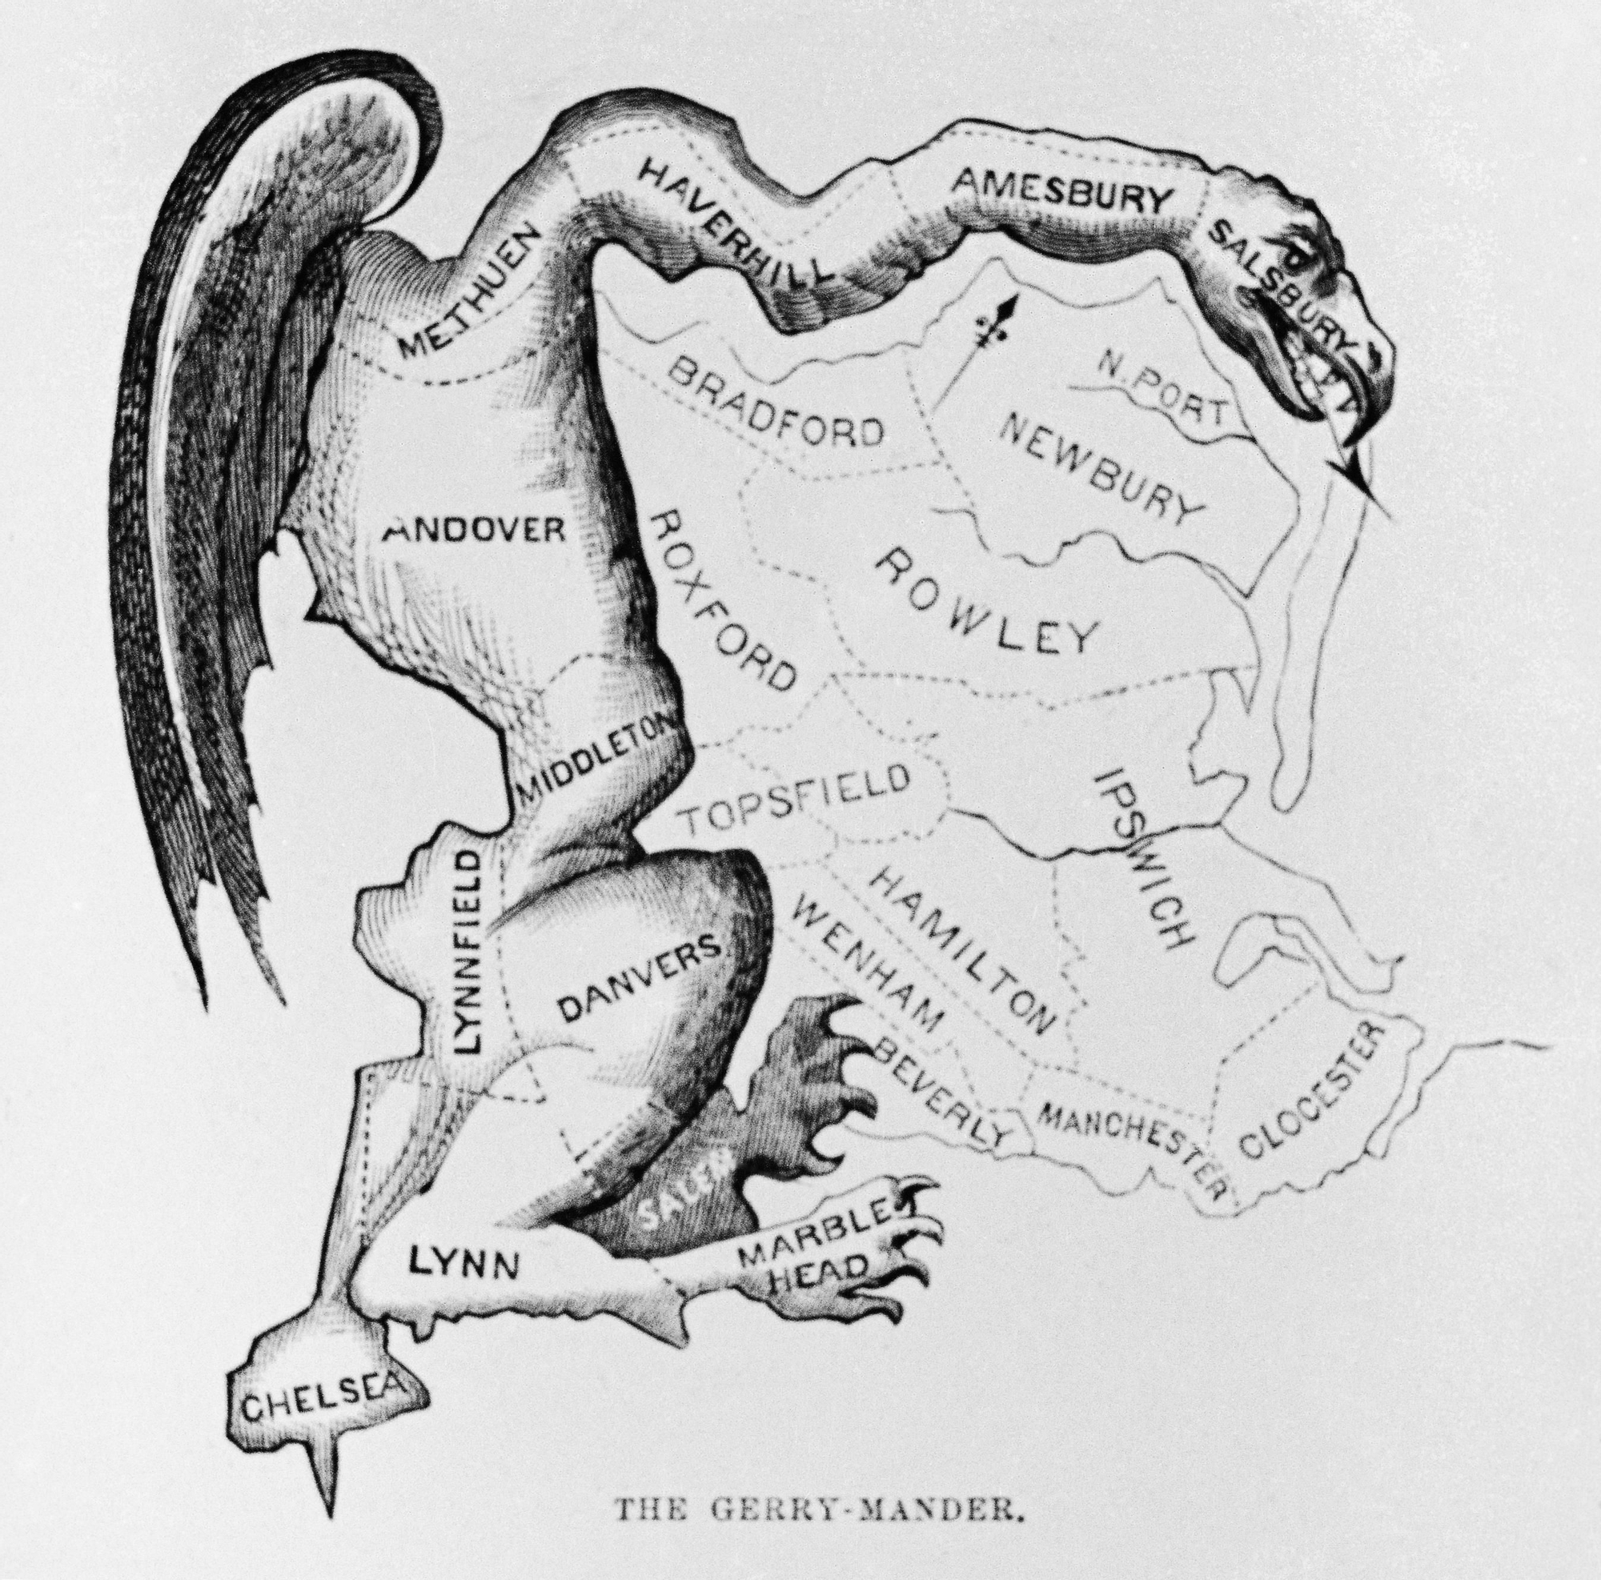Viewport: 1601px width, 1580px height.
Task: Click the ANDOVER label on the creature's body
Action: coord(473,527)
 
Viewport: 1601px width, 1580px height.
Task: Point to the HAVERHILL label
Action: coord(734,229)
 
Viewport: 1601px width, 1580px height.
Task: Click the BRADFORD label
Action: coord(774,405)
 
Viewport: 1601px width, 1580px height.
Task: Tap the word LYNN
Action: coord(465,1265)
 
